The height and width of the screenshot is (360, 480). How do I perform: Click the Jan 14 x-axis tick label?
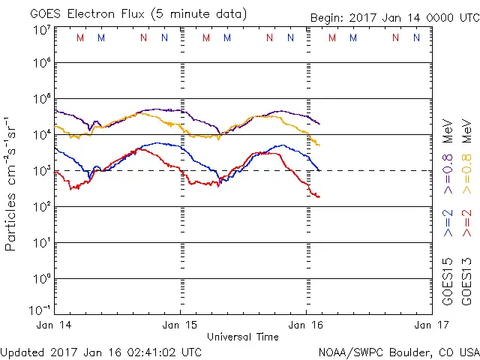pos(55,325)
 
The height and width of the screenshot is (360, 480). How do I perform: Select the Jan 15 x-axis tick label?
pos(181,325)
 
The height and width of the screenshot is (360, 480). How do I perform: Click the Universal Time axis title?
pos(243,337)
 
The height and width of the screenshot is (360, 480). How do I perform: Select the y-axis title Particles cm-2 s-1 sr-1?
pos(12,183)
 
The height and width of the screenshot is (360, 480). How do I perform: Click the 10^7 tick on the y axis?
pos(40,29)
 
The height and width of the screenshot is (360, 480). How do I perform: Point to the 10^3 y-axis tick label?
pos(40,171)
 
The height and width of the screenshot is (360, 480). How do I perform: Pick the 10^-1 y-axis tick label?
pos(40,310)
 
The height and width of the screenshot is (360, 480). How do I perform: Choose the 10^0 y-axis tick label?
pos(40,279)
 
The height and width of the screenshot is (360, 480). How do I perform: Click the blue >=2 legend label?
pos(448,223)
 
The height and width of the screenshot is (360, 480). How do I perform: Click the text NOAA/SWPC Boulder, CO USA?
pos(398,351)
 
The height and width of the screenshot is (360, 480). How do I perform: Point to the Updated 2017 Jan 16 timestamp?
pos(101,351)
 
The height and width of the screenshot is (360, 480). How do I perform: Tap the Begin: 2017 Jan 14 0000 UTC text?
pos(394,17)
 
